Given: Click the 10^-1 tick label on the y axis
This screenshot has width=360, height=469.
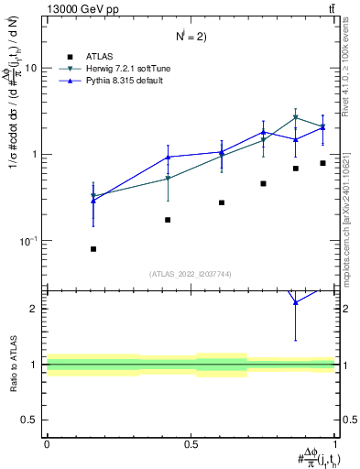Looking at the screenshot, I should (x=31, y=241).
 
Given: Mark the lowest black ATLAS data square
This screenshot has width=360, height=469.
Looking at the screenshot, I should (x=93, y=249).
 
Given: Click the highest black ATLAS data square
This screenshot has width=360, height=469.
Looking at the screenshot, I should (x=322, y=163).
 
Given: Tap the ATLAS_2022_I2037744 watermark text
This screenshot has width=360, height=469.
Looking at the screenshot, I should (x=191, y=274).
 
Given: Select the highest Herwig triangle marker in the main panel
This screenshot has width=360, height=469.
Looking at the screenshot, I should (x=296, y=117).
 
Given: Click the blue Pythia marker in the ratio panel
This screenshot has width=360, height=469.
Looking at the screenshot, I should (x=296, y=328).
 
